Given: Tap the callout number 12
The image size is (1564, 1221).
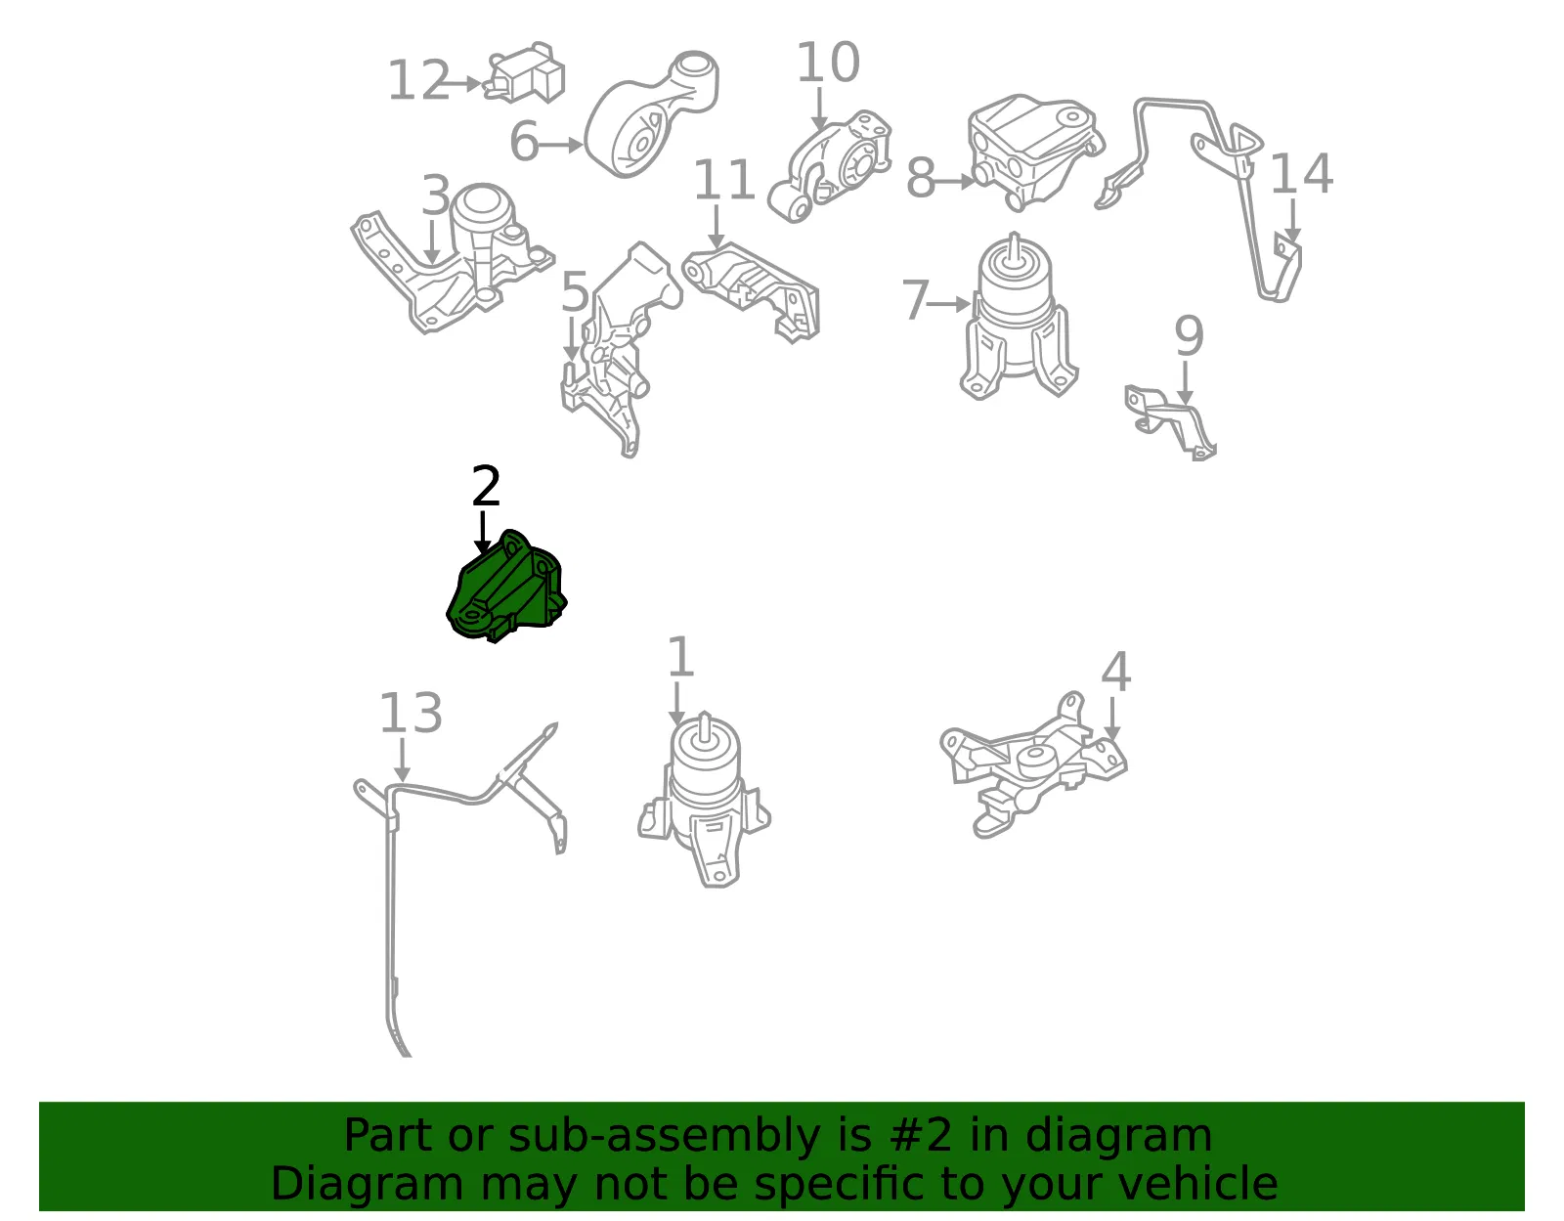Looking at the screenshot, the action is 419,80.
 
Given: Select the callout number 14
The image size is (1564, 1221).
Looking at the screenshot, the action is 1301,173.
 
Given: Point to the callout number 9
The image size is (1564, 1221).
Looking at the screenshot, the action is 1189,335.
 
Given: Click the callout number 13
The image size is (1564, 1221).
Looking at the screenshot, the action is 411,713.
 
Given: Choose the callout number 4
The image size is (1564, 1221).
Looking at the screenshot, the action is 1116,672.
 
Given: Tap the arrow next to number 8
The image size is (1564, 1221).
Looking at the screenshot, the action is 954,181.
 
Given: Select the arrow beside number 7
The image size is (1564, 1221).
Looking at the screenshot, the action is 948,304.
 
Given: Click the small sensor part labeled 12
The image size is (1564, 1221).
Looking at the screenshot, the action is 525,72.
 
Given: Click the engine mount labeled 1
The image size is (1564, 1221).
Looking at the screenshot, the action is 705,800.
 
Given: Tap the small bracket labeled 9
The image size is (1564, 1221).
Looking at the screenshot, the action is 1170,422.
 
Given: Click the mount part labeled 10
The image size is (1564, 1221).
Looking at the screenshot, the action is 830,166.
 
